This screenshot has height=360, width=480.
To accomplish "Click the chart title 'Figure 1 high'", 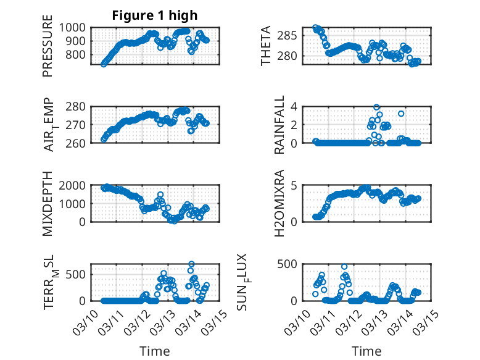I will pos(154,15).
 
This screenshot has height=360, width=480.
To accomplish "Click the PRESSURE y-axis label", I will pos(48,51).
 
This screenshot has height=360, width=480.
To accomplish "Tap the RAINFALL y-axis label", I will pos(266,125).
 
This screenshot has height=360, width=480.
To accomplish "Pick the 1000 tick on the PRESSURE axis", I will pos(76,28).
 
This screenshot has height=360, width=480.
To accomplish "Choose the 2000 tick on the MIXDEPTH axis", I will pos(76,185).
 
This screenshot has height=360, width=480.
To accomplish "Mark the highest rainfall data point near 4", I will pos(376,107).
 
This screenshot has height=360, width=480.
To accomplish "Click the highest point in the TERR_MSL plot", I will pos(191,264).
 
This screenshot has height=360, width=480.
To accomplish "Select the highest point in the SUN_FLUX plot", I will pos(344,267).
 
